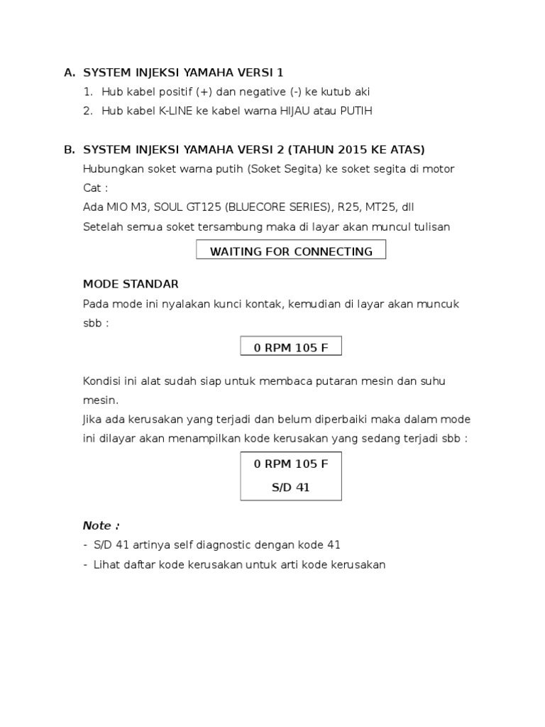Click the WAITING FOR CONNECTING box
(x=291, y=251)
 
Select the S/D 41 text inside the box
(x=291, y=488)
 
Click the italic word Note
(x=98, y=525)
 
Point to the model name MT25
(x=380, y=207)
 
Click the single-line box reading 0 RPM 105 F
(x=291, y=346)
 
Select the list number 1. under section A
(x=88, y=92)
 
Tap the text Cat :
(x=96, y=188)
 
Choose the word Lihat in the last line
(x=106, y=565)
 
